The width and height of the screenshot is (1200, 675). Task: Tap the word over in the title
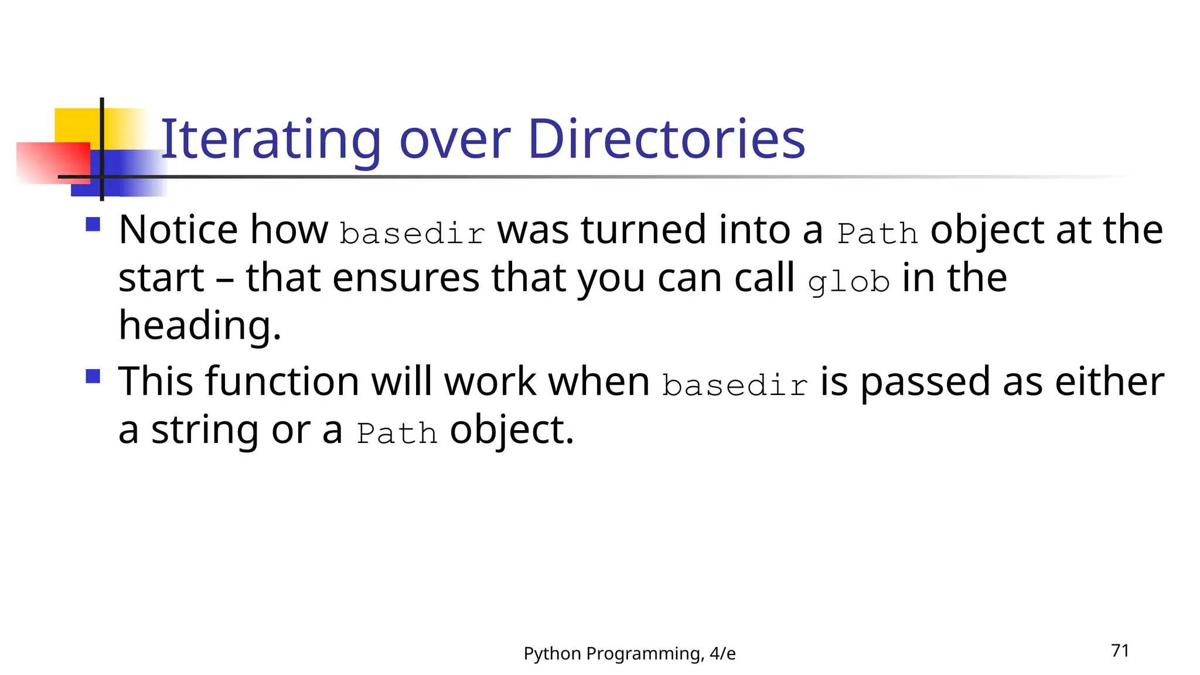454,141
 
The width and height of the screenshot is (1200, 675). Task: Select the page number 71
1120,651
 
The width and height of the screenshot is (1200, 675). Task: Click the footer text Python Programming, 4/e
629,653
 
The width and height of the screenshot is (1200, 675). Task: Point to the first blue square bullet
93,224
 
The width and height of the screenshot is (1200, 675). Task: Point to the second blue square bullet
93,376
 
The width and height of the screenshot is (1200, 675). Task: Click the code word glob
848,282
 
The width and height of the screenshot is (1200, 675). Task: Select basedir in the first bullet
412,233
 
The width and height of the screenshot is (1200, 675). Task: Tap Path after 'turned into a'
877,233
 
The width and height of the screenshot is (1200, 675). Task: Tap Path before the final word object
397,434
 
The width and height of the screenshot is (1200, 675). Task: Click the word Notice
178,230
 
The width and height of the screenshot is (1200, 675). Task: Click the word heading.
199,326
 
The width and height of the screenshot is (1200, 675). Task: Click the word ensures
406,278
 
